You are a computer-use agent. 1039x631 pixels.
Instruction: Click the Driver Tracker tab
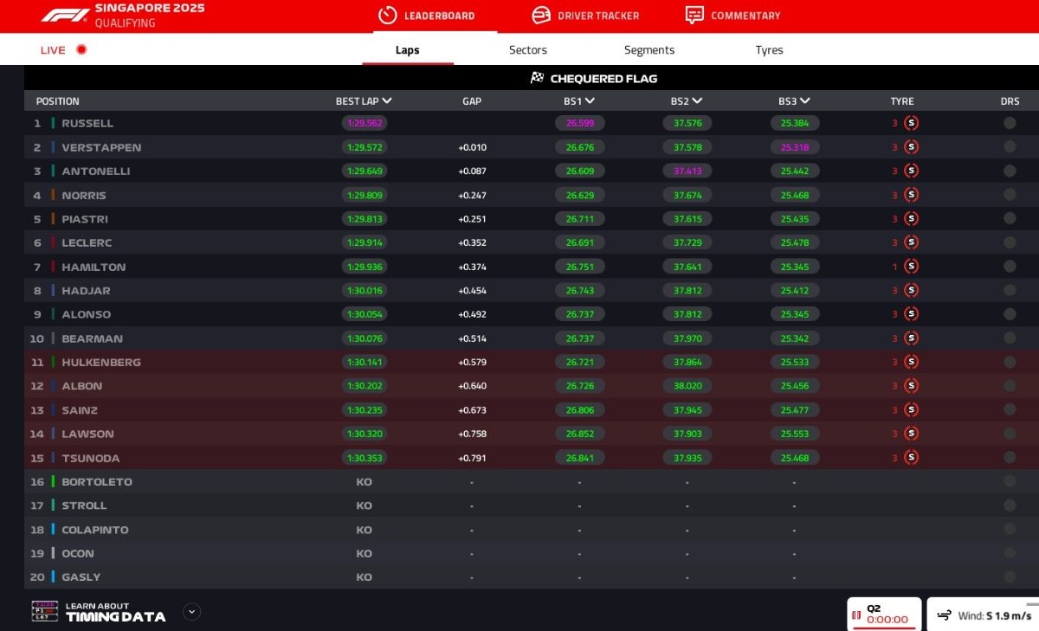coord(585,16)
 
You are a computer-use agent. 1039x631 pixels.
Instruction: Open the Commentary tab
coord(732,16)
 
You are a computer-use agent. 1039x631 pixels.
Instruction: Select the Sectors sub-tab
coord(528,50)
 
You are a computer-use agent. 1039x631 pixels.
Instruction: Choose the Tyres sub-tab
coord(769,50)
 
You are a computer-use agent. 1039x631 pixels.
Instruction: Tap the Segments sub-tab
coord(649,50)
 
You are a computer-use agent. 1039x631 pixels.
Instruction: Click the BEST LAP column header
coord(364,101)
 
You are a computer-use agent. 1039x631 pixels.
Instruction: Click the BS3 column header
coord(794,101)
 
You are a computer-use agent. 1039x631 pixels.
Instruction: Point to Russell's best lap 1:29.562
coord(365,124)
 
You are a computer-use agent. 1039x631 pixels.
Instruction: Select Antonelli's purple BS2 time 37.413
coord(687,171)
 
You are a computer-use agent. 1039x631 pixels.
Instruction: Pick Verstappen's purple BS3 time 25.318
coord(795,148)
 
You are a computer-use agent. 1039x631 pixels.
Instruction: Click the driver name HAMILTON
coord(94,267)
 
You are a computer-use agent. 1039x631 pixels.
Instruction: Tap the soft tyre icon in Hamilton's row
coord(911,267)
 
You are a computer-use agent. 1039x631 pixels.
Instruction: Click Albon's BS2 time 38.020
coord(687,386)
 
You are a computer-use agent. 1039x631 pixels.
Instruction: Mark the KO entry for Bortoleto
coord(365,482)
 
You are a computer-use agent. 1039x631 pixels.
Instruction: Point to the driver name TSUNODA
coord(91,458)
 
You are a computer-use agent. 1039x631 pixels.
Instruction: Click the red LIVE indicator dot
coord(81,50)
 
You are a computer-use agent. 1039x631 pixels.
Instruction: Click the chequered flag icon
coord(537,78)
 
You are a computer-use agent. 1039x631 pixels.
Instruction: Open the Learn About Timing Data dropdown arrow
coord(192,612)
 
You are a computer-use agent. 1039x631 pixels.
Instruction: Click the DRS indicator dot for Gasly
coord(1010,577)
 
